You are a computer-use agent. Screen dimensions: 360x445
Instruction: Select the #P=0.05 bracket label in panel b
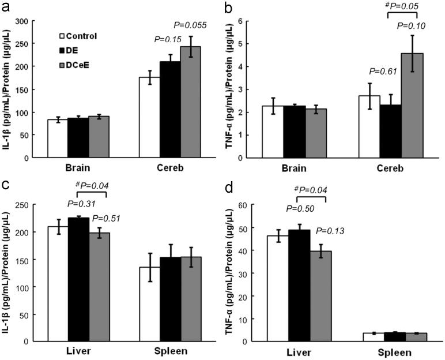[401, 6]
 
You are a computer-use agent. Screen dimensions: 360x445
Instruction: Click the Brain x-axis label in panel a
[78, 169]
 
